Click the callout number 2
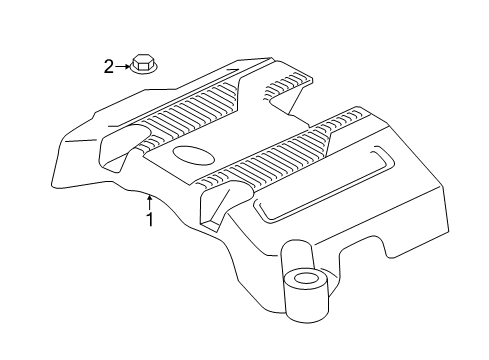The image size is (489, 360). pyautogui.click(x=109, y=67)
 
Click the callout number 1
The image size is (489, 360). pyautogui.click(x=150, y=220)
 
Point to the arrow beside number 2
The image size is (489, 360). pyautogui.click(x=123, y=67)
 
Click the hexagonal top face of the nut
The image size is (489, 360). pyautogui.click(x=141, y=64)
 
